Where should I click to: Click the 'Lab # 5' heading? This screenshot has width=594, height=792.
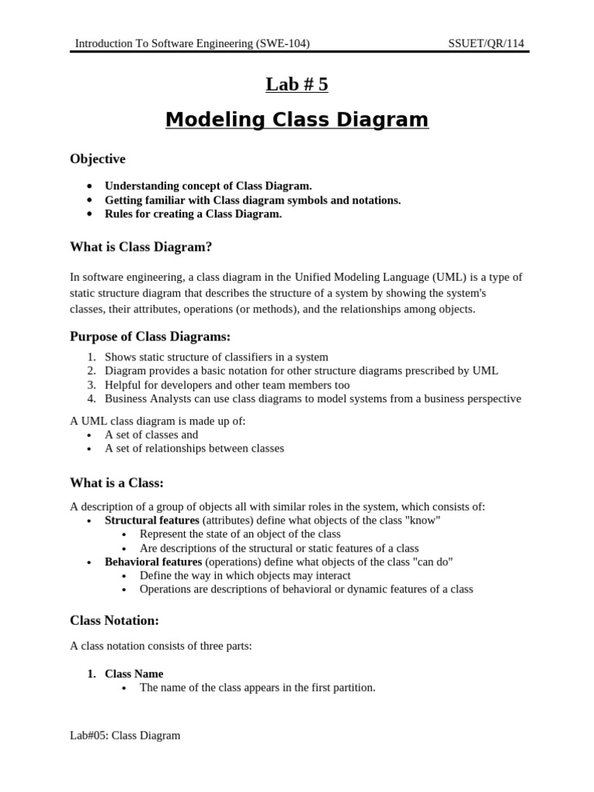(297, 84)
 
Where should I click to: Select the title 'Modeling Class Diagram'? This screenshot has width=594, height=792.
(297, 120)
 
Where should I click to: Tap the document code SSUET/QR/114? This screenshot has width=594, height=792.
(486, 43)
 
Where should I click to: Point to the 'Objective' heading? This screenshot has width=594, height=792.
(97, 159)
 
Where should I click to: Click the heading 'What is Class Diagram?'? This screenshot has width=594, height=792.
(141, 247)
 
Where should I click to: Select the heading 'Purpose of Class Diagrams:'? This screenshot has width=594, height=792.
(150, 336)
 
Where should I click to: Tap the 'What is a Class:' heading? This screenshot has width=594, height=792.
(117, 483)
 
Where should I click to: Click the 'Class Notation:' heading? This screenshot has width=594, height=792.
(114, 620)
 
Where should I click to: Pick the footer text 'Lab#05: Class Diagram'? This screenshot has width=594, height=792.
(125, 736)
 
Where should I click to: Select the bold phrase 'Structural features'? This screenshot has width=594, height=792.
(152, 521)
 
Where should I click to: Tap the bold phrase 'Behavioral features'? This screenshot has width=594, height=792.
(153, 562)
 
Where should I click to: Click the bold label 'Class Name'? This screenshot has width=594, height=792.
(134, 674)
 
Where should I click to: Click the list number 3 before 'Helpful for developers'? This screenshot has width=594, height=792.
(91, 385)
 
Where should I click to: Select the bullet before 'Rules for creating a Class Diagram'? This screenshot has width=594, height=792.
(90, 214)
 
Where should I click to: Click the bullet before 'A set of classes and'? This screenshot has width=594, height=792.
(90, 435)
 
